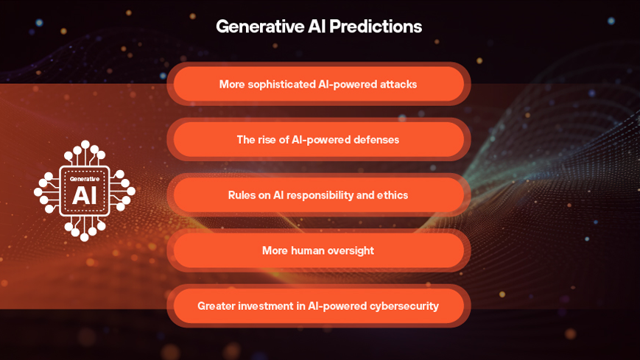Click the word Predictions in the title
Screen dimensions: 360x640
pos(376,27)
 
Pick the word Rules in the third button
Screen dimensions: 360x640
pos(242,195)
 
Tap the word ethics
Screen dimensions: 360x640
pos(392,195)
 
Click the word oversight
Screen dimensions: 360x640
pos(351,250)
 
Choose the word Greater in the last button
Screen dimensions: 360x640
pos(216,306)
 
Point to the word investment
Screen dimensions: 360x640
pos(267,306)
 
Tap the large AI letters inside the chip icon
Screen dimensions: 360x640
pos(85,196)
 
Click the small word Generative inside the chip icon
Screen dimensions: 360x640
pos(85,179)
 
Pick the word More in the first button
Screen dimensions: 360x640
pos(232,85)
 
